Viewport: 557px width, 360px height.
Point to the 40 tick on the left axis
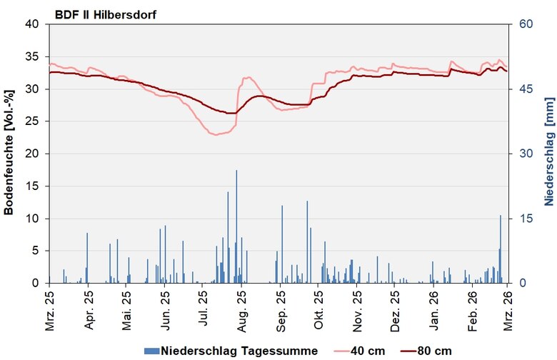point(34,24)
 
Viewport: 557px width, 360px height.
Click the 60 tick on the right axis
point(516,24)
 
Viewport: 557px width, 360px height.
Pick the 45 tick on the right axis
point(516,89)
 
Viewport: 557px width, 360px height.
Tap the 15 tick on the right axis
point(516,219)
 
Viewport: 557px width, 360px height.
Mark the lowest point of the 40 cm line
point(214,134)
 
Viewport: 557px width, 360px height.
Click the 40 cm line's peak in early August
point(248,77)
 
